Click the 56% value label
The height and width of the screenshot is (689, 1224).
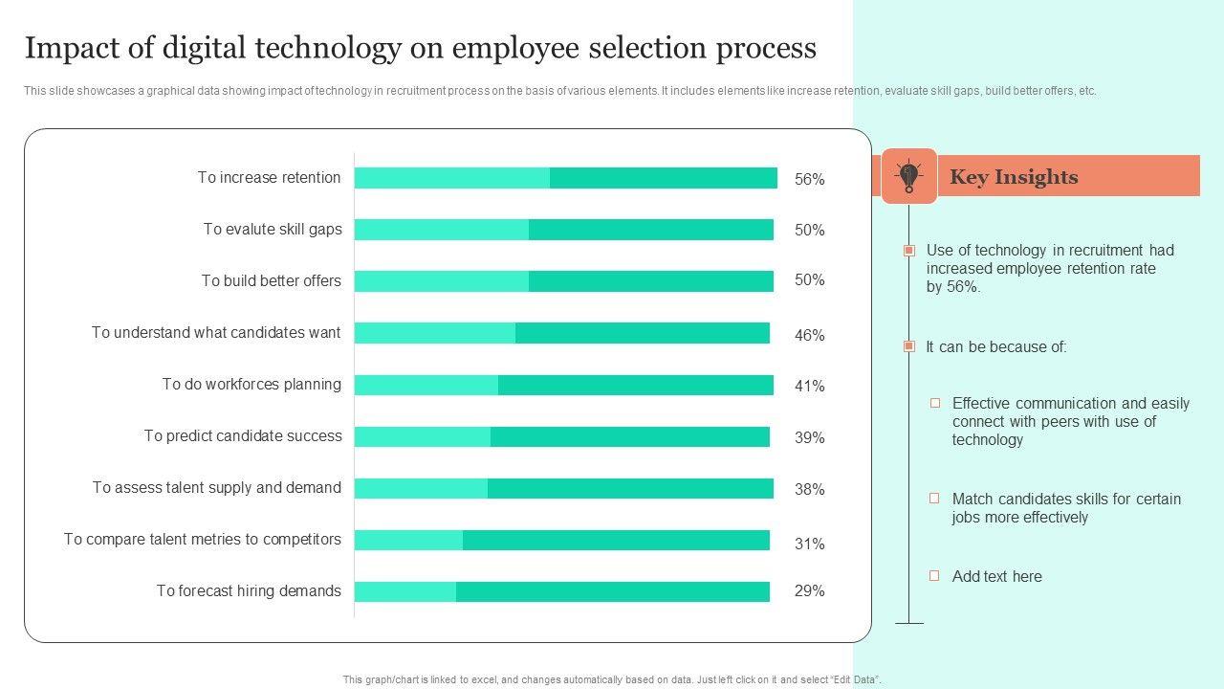pyautogui.click(x=809, y=179)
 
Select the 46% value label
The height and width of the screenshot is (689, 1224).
pyautogui.click(x=809, y=336)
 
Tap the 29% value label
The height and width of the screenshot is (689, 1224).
pyautogui.click(x=809, y=591)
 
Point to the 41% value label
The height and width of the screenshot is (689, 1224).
pyautogui.click(x=809, y=387)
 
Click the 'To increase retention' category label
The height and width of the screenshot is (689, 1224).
pyautogui.click(x=269, y=178)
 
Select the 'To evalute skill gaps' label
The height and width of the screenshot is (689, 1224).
pyautogui.click(x=273, y=230)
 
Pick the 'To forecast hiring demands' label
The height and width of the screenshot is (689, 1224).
pyautogui.click(x=249, y=591)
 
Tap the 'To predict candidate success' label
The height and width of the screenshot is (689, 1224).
pyautogui.click(x=243, y=436)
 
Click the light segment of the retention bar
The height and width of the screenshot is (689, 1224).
pyautogui.click(x=451, y=178)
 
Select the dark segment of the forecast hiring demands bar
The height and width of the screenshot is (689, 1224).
pyautogui.click(x=612, y=591)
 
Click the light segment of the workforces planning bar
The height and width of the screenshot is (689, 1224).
pyautogui.click(x=426, y=385)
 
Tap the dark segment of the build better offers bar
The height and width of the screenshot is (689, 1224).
pyautogui.click(x=650, y=281)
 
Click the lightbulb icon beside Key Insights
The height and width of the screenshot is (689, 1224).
pyautogui.click(x=908, y=176)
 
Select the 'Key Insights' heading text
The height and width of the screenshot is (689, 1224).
pyautogui.click(x=1014, y=177)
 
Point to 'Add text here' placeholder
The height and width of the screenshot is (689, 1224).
pyautogui.click(x=996, y=577)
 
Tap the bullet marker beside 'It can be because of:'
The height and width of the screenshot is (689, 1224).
pyautogui.click(x=909, y=346)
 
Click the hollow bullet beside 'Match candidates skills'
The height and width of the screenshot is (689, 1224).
pyautogui.click(x=935, y=499)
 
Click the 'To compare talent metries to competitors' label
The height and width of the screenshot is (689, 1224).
pyautogui.click(x=203, y=540)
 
